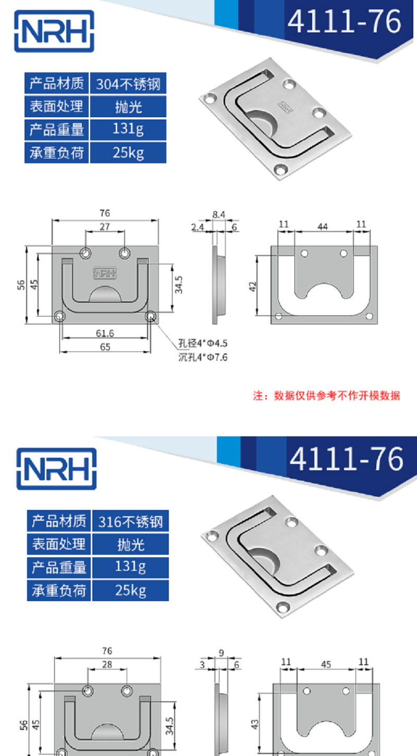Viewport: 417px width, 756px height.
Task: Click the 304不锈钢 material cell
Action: click(x=128, y=83)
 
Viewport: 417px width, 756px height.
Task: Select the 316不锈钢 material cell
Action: click(x=130, y=521)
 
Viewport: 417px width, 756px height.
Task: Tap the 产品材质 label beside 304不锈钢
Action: click(x=57, y=83)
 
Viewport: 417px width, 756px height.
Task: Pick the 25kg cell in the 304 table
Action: click(x=128, y=153)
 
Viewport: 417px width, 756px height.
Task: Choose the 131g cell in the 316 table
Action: click(x=130, y=567)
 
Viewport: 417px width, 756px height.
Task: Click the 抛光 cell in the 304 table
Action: click(x=128, y=106)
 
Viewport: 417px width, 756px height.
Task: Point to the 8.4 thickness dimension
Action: click(x=218, y=214)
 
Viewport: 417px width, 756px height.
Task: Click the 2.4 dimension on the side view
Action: click(x=198, y=227)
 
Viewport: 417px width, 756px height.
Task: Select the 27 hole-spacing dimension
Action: click(x=104, y=227)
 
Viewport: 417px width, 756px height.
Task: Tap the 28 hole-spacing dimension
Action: click(x=107, y=665)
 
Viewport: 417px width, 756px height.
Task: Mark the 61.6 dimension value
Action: click(x=105, y=333)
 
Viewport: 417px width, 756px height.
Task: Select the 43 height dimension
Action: click(x=255, y=725)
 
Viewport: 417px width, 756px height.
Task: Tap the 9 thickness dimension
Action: click(x=221, y=652)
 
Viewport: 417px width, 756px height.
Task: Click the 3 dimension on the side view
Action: click(x=202, y=665)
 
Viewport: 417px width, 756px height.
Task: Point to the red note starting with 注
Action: click(x=327, y=396)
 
